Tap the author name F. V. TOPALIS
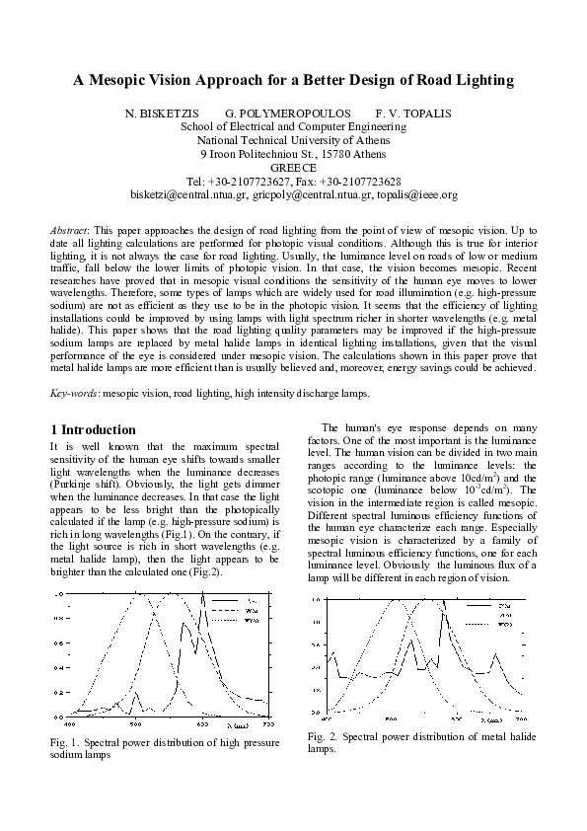pyautogui.click(x=412, y=113)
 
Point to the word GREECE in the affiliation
pyautogui.click(x=293, y=168)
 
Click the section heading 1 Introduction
pyautogui.click(x=93, y=430)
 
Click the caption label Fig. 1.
pyautogui.click(x=63, y=741)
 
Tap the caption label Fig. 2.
pyautogui.click(x=322, y=737)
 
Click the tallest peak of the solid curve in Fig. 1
pyautogui.click(x=203, y=595)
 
